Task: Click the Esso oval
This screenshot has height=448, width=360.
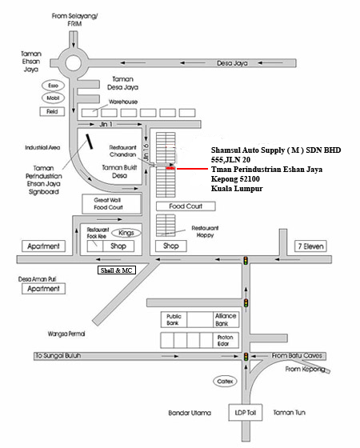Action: [x=53, y=86]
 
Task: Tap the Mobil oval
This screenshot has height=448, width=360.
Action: [x=53, y=98]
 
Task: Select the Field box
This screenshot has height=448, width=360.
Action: [x=52, y=111]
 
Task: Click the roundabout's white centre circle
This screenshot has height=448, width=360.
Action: [x=73, y=63]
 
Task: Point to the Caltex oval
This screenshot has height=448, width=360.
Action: [x=225, y=381]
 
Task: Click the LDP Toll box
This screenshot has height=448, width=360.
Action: [x=245, y=412]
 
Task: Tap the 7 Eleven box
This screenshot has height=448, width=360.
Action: [x=310, y=246]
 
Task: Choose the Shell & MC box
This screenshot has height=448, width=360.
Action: [x=117, y=270]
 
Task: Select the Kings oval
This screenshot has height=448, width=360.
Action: [x=126, y=233]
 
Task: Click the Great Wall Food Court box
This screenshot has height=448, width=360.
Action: [x=112, y=204]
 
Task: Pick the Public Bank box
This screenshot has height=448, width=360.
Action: [x=174, y=319]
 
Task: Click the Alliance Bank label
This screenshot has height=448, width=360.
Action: [x=226, y=319]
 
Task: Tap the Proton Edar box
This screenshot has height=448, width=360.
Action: [x=226, y=340]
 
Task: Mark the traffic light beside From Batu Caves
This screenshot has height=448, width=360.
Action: [x=246, y=356]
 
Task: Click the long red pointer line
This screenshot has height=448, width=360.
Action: [x=192, y=169]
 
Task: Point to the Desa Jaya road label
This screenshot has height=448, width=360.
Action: [x=232, y=63]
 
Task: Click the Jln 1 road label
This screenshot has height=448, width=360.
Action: [x=106, y=124]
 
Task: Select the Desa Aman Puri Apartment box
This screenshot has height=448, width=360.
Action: [x=43, y=289]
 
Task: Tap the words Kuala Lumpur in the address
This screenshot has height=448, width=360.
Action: [x=237, y=189]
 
